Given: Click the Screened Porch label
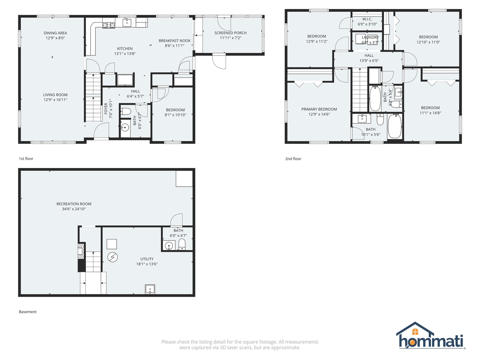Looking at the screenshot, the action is (230, 33).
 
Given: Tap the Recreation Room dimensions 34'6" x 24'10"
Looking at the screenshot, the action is (74, 209).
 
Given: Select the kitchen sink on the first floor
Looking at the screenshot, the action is (127, 23).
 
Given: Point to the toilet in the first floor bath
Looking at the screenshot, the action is (126, 111).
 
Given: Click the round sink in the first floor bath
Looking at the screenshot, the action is (125, 128).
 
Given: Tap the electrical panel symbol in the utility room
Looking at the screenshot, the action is (113, 257).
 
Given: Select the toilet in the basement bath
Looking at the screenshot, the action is (182, 244).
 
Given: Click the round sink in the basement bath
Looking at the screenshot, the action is (169, 246).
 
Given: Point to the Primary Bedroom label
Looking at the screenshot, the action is (319, 109).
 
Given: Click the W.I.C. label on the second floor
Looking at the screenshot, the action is (367, 19).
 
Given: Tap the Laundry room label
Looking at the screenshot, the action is (370, 37).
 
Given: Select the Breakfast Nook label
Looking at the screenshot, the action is (175, 41).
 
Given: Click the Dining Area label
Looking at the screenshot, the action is (55, 33).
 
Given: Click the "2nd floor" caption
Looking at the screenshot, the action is (293, 159).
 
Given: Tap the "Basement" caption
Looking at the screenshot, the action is (28, 312).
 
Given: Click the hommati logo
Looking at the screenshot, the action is (431, 336).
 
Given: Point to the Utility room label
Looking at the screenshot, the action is (147, 259).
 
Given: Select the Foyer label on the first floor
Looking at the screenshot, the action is (106, 109).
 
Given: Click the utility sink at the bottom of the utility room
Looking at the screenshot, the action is (150, 289).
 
